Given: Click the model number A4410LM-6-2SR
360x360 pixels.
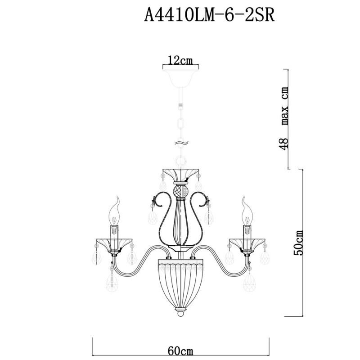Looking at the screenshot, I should pyautogui.click(x=209, y=17).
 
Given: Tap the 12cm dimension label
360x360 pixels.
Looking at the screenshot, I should pyautogui.click(x=180, y=60).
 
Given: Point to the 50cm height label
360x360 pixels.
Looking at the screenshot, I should pyautogui.click(x=298, y=243).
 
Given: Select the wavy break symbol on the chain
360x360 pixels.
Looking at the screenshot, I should pyautogui.click(x=180, y=143).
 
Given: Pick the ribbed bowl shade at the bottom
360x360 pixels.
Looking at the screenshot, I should pyautogui.click(x=180, y=281).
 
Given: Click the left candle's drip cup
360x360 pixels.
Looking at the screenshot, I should pyautogui.click(x=114, y=243).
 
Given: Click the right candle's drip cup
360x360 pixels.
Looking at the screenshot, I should pyautogui.click(x=247, y=243).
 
